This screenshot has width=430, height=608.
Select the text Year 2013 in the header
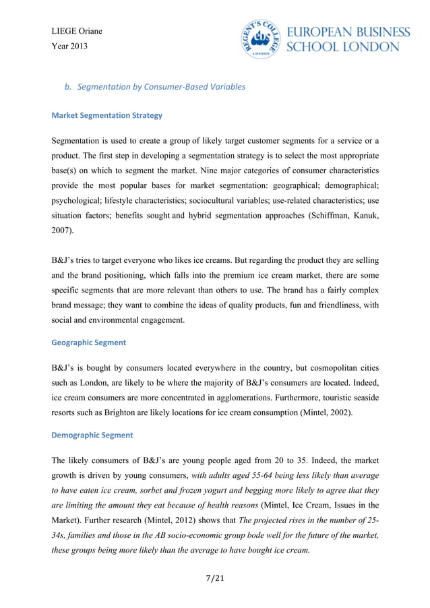tap(69, 47)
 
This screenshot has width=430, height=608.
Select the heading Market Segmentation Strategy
tap(106, 115)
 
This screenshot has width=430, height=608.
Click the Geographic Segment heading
tap(88, 342)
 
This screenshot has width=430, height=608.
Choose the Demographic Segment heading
tap(92, 435)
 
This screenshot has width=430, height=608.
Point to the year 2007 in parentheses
tap(62, 229)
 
